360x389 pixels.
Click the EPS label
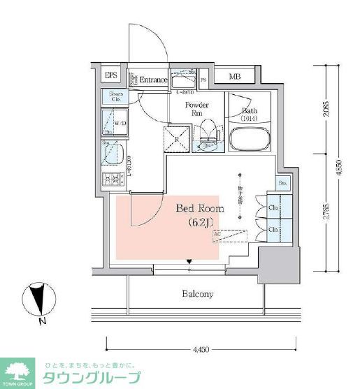[x=111, y=75]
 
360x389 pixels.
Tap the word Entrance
[x=152, y=80]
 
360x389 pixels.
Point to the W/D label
[x=120, y=123]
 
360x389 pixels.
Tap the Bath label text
[x=250, y=114]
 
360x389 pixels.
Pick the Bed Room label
[x=199, y=208]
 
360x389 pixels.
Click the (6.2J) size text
[x=201, y=223]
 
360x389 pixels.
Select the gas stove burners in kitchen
[x=110, y=179]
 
